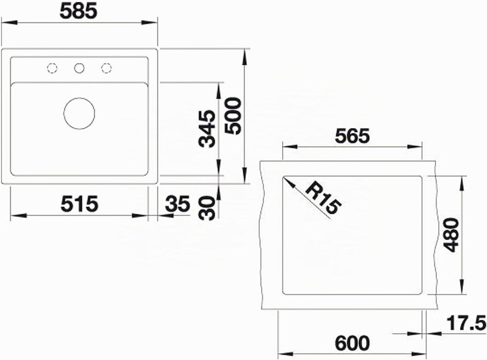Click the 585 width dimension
tap(78, 11)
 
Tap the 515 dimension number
tap(79, 204)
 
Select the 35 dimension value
tap(177, 204)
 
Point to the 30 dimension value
tap(207, 208)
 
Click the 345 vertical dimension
tap(207, 128)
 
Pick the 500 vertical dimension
tap(233, 116)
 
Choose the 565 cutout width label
tap(352, 136)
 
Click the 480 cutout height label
tap(451, 235)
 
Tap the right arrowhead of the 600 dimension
tap(418, 354)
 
